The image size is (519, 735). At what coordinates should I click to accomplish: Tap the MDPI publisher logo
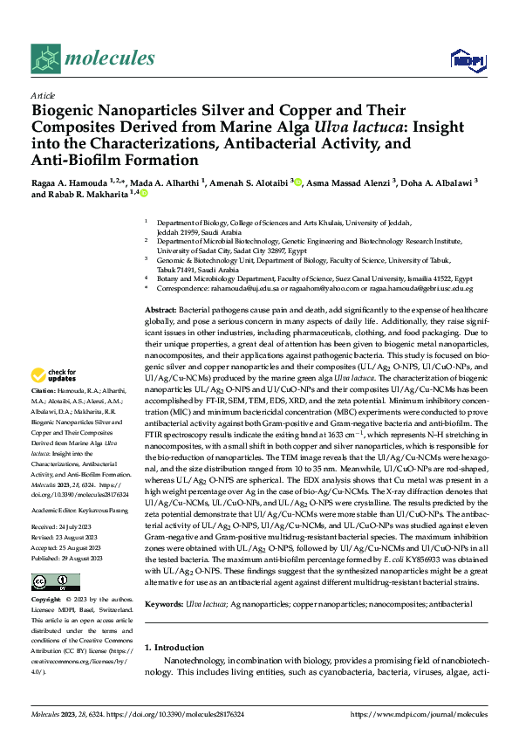(465, 58)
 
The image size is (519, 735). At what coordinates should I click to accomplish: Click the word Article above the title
(42, 95)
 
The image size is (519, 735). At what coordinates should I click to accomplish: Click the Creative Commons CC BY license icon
(44, 555)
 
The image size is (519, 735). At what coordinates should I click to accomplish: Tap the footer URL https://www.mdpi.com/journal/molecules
(419, 714)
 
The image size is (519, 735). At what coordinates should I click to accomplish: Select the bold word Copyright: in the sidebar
(46, 576)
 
